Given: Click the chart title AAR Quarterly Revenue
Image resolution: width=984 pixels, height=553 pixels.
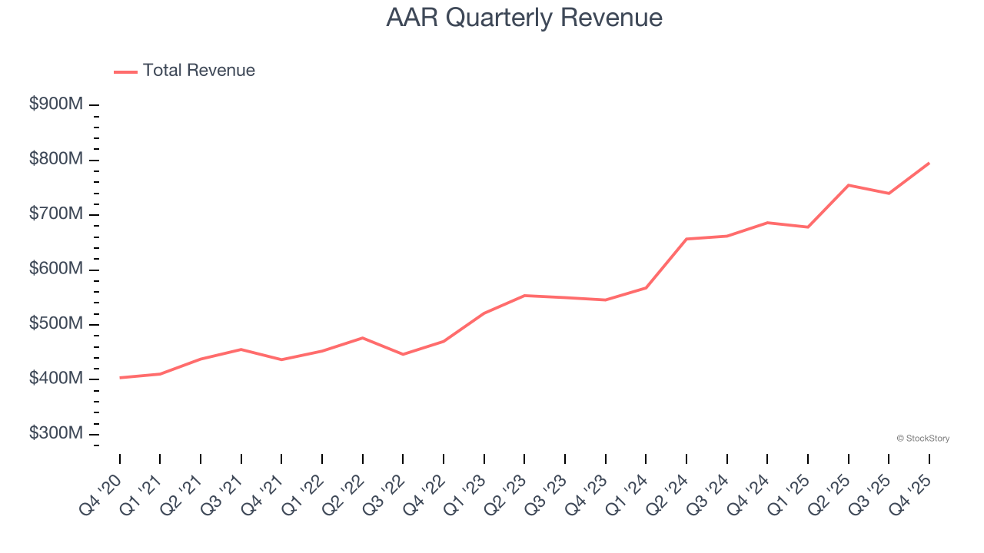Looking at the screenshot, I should coord(524,18).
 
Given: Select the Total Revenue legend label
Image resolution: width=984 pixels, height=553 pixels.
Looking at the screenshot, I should coord(198,71).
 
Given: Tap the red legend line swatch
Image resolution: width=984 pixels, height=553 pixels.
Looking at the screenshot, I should coord(125,71).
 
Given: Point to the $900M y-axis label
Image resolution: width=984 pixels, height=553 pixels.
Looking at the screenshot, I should coord(56,104).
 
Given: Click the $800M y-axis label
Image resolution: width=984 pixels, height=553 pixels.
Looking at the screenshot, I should coord(56,160).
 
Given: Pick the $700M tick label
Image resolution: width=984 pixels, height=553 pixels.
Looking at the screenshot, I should coord(56,214).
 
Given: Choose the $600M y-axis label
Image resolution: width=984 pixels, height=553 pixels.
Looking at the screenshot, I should coord(56,270).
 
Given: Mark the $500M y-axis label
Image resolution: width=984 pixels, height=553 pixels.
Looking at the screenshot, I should coord(56,324).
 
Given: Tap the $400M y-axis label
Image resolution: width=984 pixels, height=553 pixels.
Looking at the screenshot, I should coord(56,379).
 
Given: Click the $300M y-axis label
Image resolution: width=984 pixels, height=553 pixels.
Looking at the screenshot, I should coord(56,434).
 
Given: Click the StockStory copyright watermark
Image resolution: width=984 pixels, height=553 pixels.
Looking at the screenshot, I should coord(922,439).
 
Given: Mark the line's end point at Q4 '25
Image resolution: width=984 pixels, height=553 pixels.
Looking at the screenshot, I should coord(929,163).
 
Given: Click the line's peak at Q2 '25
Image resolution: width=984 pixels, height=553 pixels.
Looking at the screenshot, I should coord(848,185).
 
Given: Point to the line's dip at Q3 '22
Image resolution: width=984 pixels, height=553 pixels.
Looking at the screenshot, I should coord(403,354).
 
